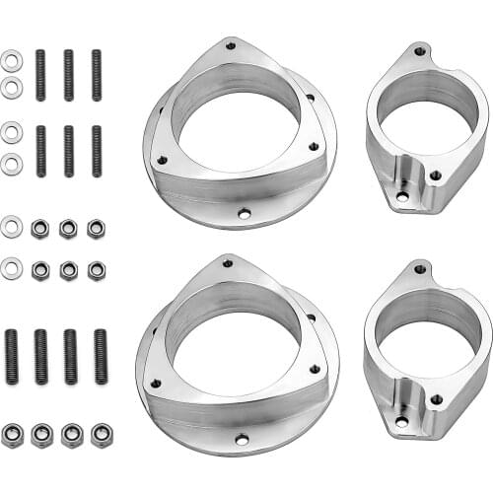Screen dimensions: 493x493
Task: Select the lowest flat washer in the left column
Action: (x=11, y=267)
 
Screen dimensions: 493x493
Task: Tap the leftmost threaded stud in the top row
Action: (x=40, y=75)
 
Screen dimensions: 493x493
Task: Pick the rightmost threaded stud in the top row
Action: (x=96, y=75)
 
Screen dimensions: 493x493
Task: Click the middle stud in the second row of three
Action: (x=68, y=150)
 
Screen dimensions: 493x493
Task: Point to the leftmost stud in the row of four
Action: (x=14, y=356)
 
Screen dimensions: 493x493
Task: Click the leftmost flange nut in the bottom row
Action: (x=13, y=434)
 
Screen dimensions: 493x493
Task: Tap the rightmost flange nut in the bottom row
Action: (x=101, y=434)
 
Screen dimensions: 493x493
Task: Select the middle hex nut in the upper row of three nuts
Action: (x=67, y=229)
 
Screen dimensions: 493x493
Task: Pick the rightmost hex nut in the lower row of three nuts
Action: (x=96, y=268)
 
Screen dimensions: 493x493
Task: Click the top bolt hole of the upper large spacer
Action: (x=230, y=44)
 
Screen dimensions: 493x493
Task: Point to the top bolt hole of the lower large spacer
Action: (x=228, y=263)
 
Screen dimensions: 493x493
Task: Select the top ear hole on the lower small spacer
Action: (x=418, y=268)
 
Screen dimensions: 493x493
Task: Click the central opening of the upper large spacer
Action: (x=237, y=118)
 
